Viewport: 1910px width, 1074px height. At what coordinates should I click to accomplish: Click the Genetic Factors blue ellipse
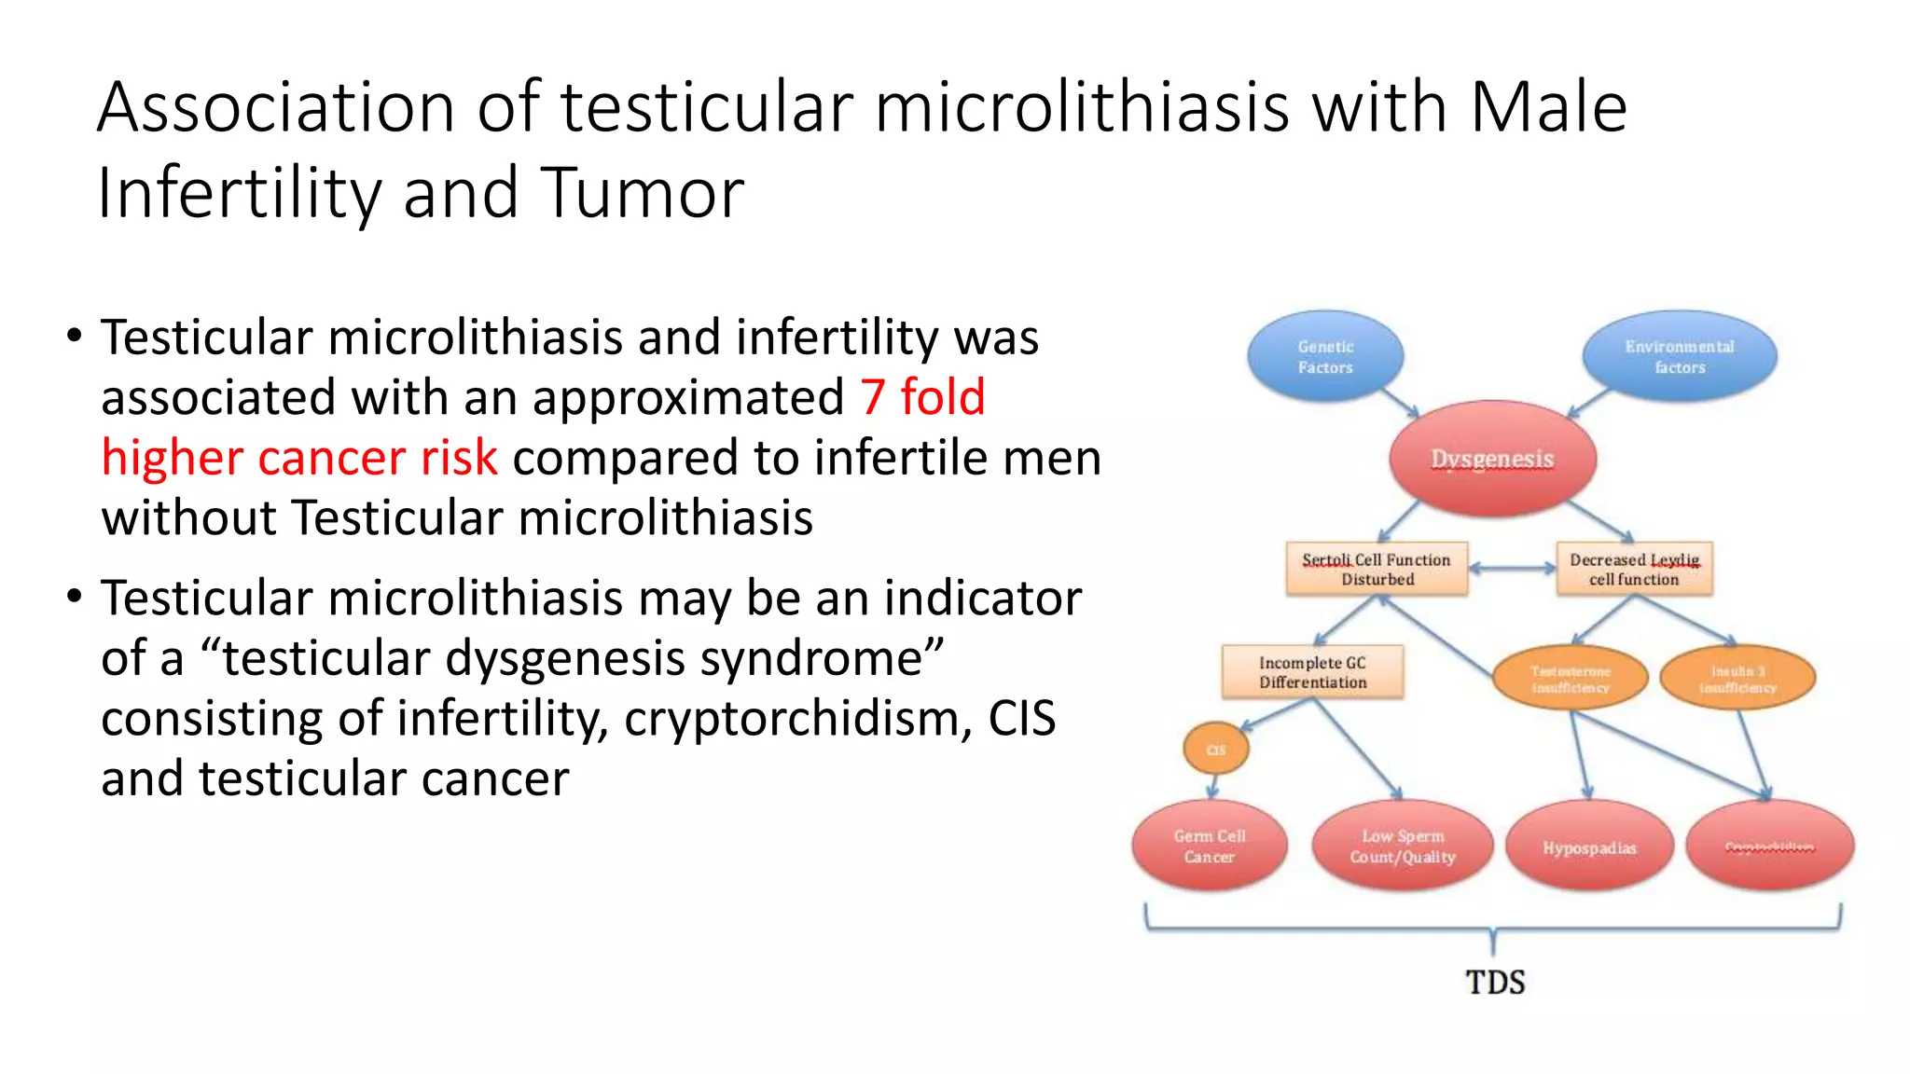coord(1325,357)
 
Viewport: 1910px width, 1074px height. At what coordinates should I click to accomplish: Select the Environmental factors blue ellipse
coord(1680,357)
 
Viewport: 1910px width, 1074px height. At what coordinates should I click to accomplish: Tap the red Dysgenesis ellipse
coord(1492,459)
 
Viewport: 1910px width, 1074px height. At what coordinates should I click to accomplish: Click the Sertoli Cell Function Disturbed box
coord(1377,569)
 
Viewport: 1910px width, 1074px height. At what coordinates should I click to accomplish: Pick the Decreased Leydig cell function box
coord(1634,569)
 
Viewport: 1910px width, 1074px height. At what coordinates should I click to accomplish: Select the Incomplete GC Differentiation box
coord(1312,672)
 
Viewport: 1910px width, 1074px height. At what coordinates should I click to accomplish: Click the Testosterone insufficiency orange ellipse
coord(1571,679)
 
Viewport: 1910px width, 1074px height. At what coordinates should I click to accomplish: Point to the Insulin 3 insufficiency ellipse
coord(1737,679)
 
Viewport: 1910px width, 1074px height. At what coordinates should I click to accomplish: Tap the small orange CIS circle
coord(1216,750)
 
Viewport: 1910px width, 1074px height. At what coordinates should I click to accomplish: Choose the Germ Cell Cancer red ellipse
coord(1210,847)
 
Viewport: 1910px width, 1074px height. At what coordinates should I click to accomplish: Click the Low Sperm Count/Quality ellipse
coord(1403,847)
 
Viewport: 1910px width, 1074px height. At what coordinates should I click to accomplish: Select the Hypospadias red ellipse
coord(1589,847)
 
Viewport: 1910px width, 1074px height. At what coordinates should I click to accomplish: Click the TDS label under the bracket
coord(1495,982)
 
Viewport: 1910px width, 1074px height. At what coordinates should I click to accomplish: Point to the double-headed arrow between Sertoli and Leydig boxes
coord(1512,568)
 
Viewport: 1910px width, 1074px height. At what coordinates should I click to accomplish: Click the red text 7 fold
coord(921,397)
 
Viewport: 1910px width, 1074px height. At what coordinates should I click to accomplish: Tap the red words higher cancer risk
coord(299,458)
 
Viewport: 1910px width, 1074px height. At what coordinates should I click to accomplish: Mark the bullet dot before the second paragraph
coord(75,597)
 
